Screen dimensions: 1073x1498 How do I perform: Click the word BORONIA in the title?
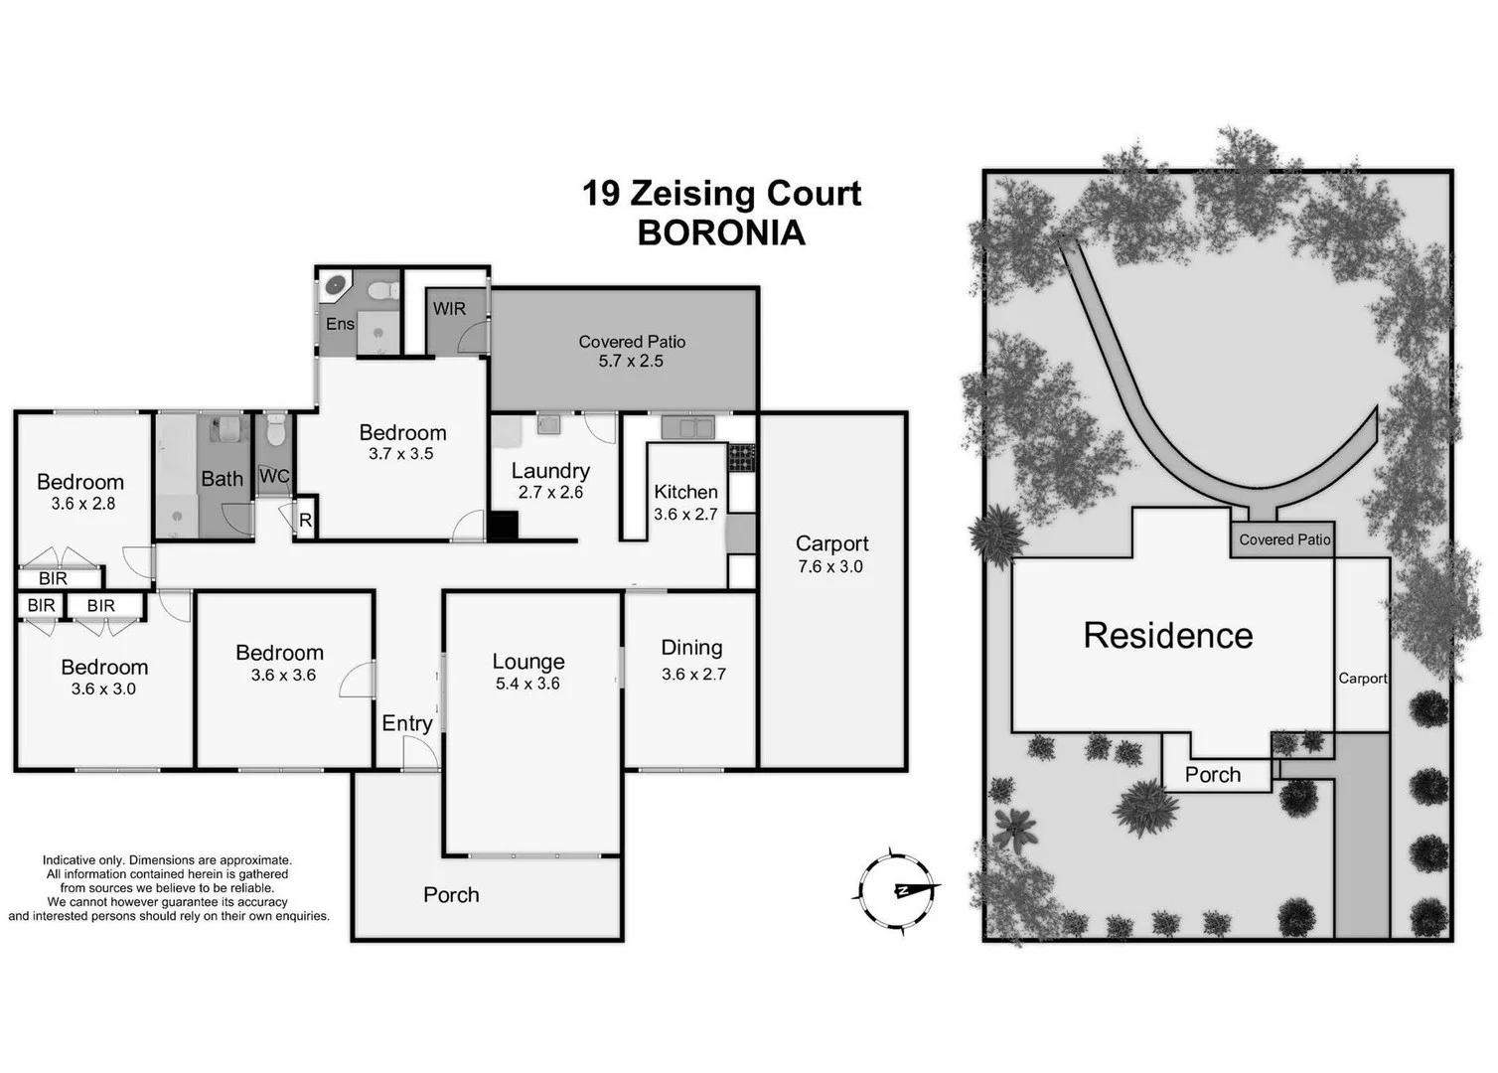pyautogui.click(x=720, y=232)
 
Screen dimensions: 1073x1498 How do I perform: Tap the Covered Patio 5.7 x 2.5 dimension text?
pyautogui.click(x=631, y=362)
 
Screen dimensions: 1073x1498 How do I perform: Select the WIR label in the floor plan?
pyautogui.click(x=449, y=309)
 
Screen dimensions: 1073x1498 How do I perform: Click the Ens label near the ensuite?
pyautogui.click(x=340, y=324)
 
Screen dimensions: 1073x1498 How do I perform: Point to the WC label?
pyautogui.click(x=274, y=476)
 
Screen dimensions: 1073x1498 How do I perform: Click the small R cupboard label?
pyautogui.click(x=305, y=521)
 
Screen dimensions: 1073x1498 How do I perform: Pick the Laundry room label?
pyautogui.click(x=550, y=471)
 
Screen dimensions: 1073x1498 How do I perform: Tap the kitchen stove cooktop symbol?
pyautogui.click(x=741, y=457)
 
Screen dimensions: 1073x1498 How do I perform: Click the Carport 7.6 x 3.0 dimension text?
pyautogui.click(x=830, y=567)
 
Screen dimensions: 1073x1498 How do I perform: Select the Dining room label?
pyautogui.click(x=691, y=648)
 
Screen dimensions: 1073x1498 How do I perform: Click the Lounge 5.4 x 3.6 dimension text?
pyautogui.click(x=527, y=684)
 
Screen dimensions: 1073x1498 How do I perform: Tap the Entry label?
pyautogui.click(x=407, y=723)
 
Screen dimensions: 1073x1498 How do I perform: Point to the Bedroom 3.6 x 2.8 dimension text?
pyautogui.click(x=83, y=504)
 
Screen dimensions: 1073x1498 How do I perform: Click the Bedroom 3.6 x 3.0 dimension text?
pyautogui.click(x=103, y=689)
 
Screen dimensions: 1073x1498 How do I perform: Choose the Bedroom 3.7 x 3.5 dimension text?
pyautogui.click(x=401, y=454)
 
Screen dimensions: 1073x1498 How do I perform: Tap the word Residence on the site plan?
pyautogui.click(x=1168, y=636)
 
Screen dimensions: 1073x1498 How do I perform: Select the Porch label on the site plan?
pyautogui.click(x=1213, y=775)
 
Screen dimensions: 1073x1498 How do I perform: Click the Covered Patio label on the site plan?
pyautogui.click(x=1284, y=539)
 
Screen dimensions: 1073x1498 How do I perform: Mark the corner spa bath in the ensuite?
pyautogui.click(x=337, y=286)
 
